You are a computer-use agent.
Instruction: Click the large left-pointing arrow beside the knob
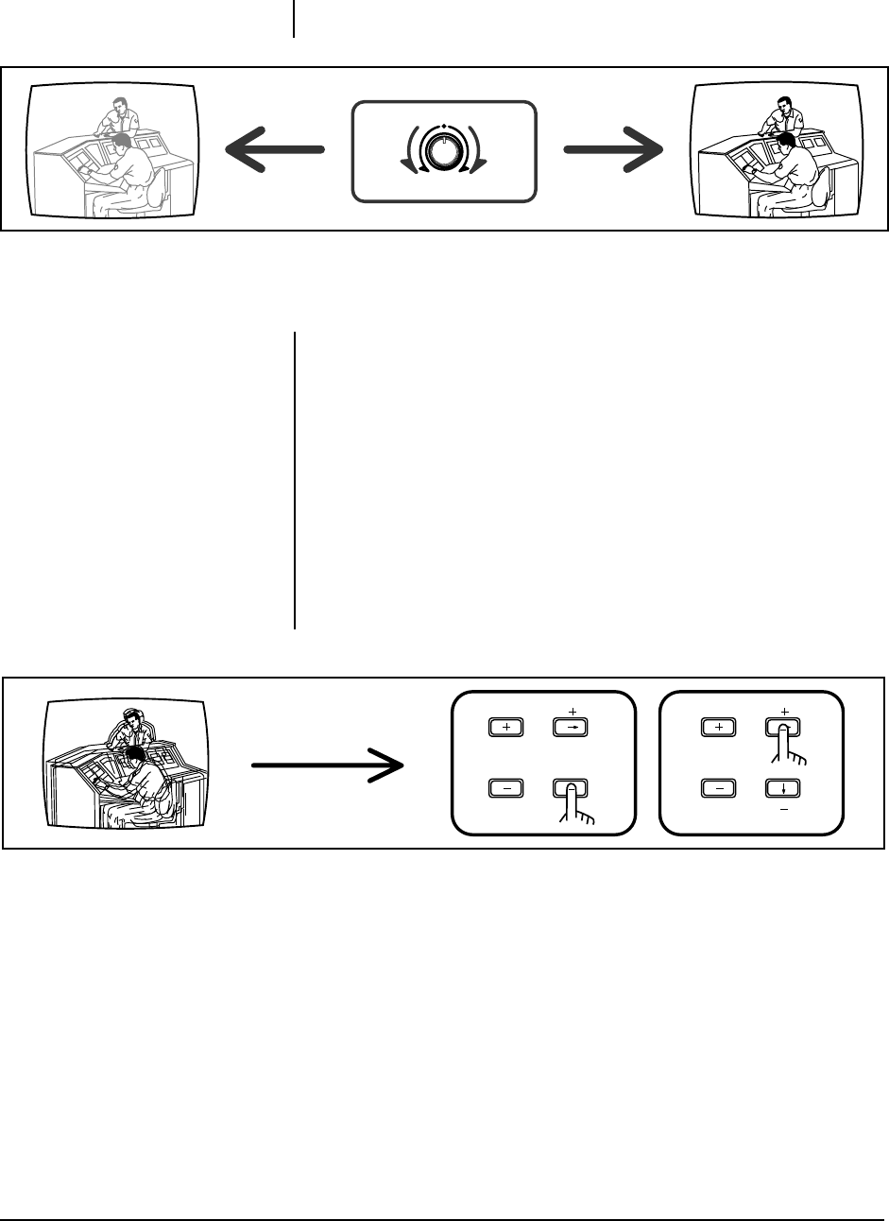coord(274,148)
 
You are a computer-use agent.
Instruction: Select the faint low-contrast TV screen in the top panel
coord(112,151)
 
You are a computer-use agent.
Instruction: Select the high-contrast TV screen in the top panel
coord(778,151)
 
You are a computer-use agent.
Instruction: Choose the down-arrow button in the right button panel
coord(783,786)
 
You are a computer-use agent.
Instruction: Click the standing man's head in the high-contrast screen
coord(783,104)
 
